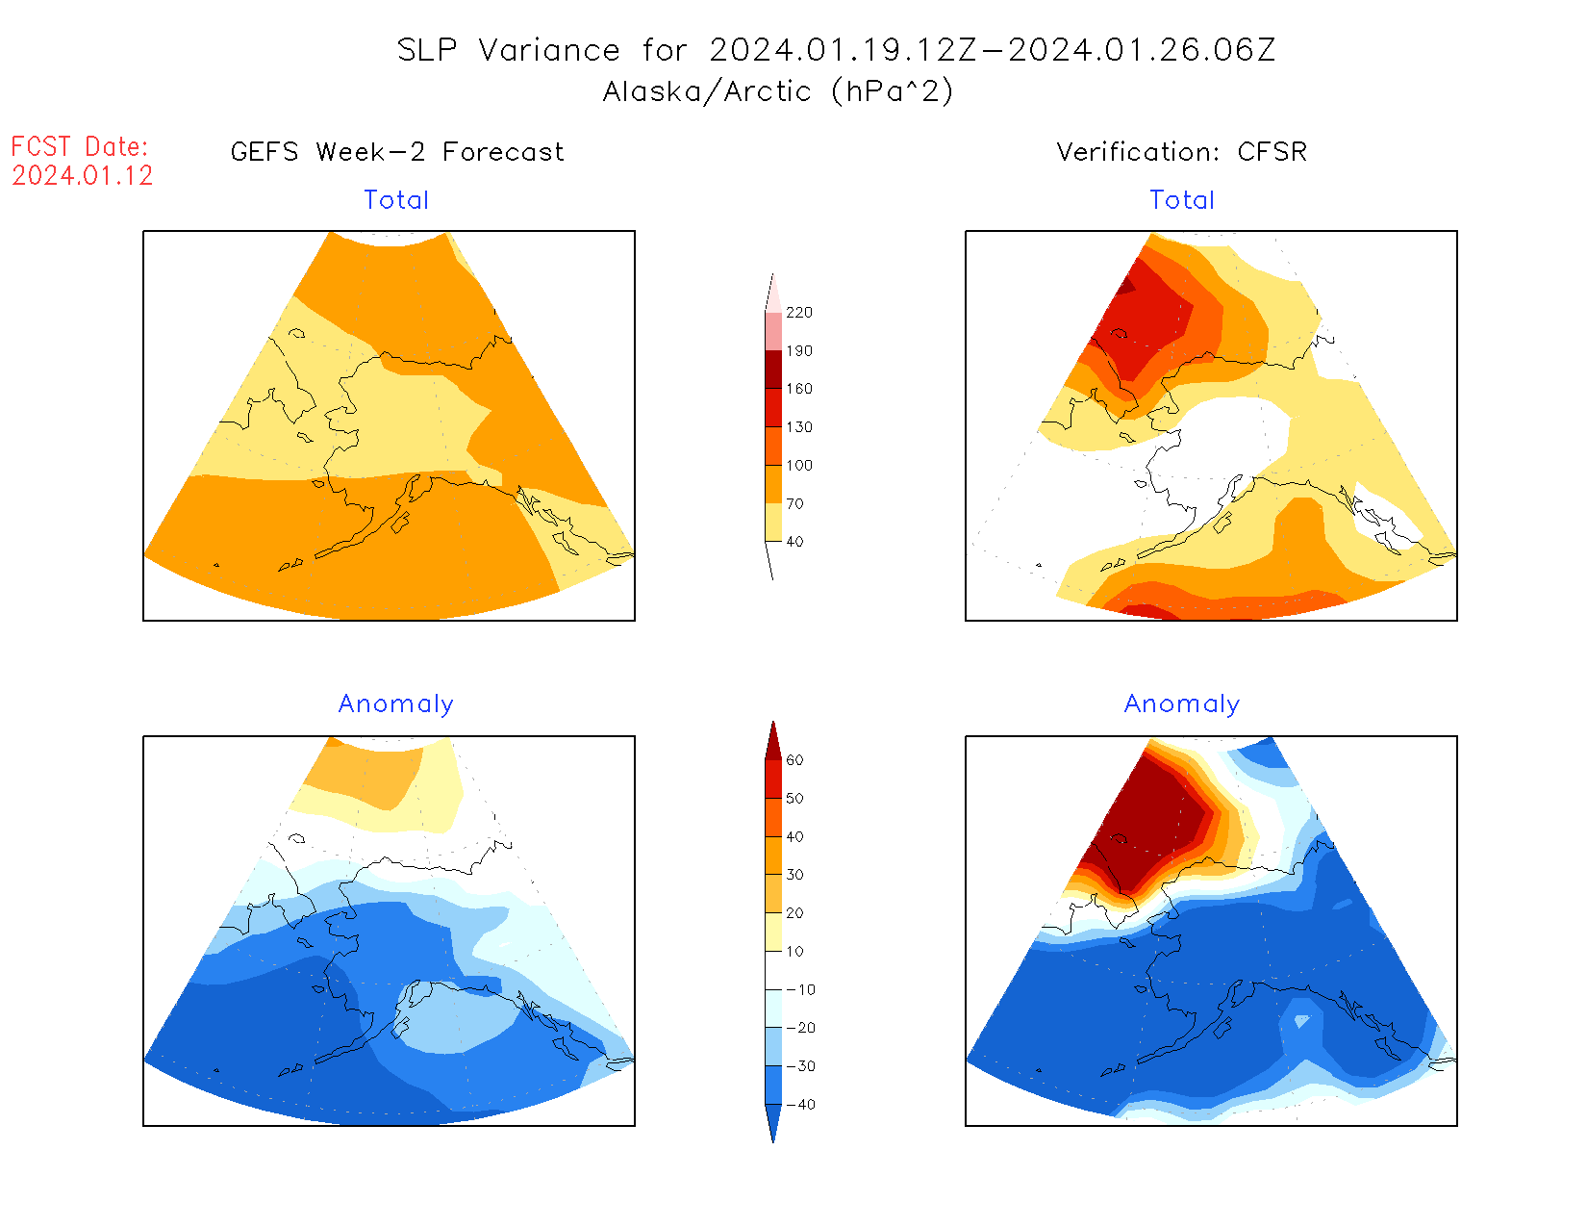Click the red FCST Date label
tap(80, 147)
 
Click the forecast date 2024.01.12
tap(83, 175)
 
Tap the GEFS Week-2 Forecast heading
tap(397, 152)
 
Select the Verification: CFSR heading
tap(1181, 152)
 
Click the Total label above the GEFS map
tap(396, 200)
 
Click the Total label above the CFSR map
tap(1182, 200)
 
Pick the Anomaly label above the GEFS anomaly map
tap(396, 704)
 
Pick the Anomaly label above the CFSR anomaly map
tap(1182, 704)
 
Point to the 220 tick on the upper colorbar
tap(798, 313)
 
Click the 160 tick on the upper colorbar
tap(798, 389)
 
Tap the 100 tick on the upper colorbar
tap(798, 466)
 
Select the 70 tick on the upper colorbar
tap(794, 503)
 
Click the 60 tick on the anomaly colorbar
tap(794, 760)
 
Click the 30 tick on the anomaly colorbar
tap(794, 875)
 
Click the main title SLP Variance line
tap(836, 50)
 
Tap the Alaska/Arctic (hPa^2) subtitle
tap(778, 91)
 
